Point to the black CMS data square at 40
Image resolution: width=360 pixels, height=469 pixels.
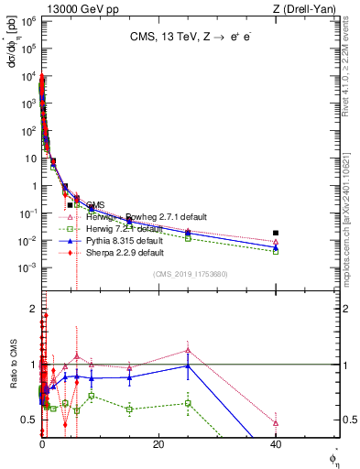276,234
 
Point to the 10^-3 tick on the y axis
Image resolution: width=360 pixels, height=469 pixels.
29,267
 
